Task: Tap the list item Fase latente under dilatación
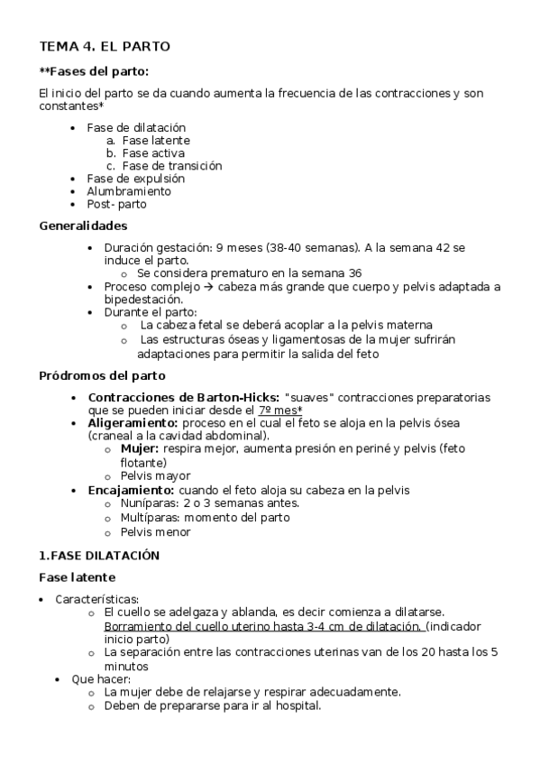coord(156,141)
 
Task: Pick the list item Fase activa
coord(153,153)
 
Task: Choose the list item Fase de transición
coord(172,166)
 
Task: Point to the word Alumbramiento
coord(129,191)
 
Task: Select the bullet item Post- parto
coord(116,204)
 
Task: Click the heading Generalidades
coord(83,226)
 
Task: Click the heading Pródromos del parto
coord(102,375)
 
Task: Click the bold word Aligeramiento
coord(133,422)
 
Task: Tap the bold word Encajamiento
coord(132,490)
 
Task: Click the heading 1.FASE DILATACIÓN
coord(99,555)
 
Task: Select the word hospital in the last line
coord(296,705)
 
